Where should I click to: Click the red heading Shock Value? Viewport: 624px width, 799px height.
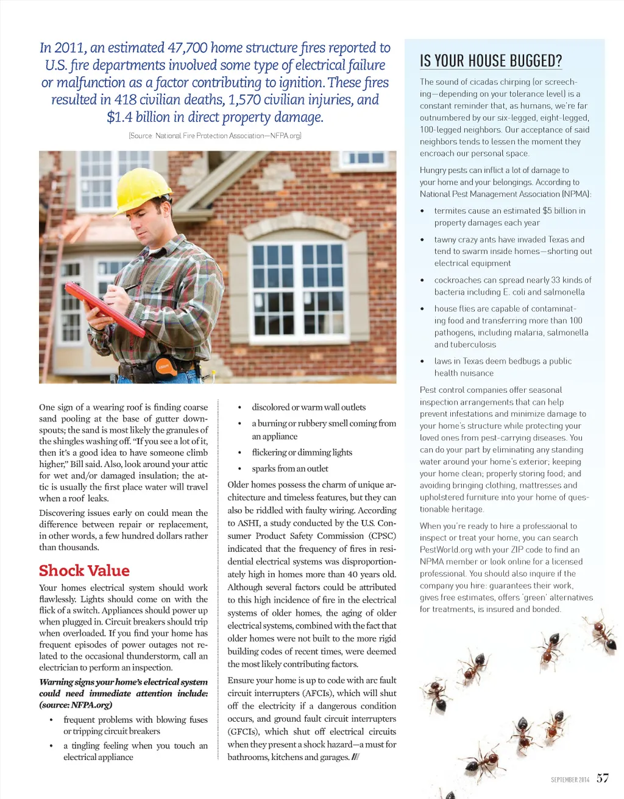point(84,571)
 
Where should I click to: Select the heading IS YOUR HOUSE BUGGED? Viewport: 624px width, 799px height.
point(491,61)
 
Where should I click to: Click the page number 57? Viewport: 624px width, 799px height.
point(602,778)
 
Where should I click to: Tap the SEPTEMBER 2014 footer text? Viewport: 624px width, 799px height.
point(570,780)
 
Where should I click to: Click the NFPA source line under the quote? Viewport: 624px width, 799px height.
point(215,136)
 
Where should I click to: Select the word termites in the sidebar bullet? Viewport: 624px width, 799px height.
point(452,211)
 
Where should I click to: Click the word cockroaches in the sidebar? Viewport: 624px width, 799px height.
point(458,280)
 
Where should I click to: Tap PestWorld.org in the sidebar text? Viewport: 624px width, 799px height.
point(445,550)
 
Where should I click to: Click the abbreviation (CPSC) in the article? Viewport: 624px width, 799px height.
point(382,536)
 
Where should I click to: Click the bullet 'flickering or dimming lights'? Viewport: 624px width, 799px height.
point(302,452)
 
